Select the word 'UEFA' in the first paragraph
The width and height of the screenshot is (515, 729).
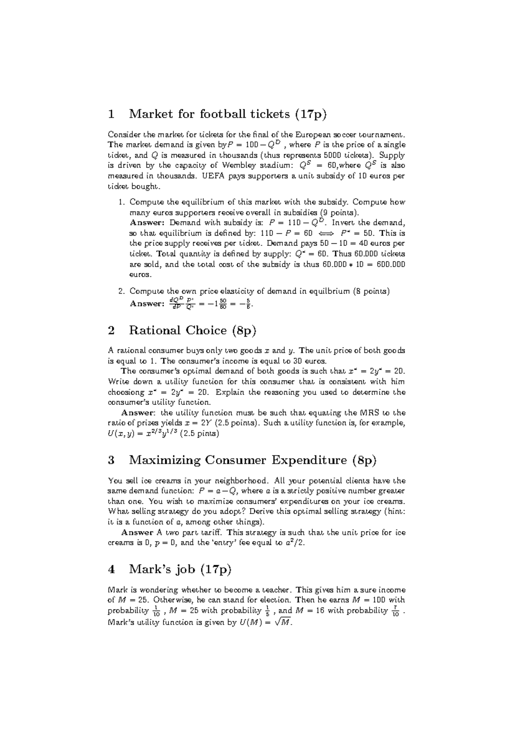click(213, 176)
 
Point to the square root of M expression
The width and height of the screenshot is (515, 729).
click(283, 622)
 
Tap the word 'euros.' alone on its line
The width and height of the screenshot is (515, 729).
click(140, 275)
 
